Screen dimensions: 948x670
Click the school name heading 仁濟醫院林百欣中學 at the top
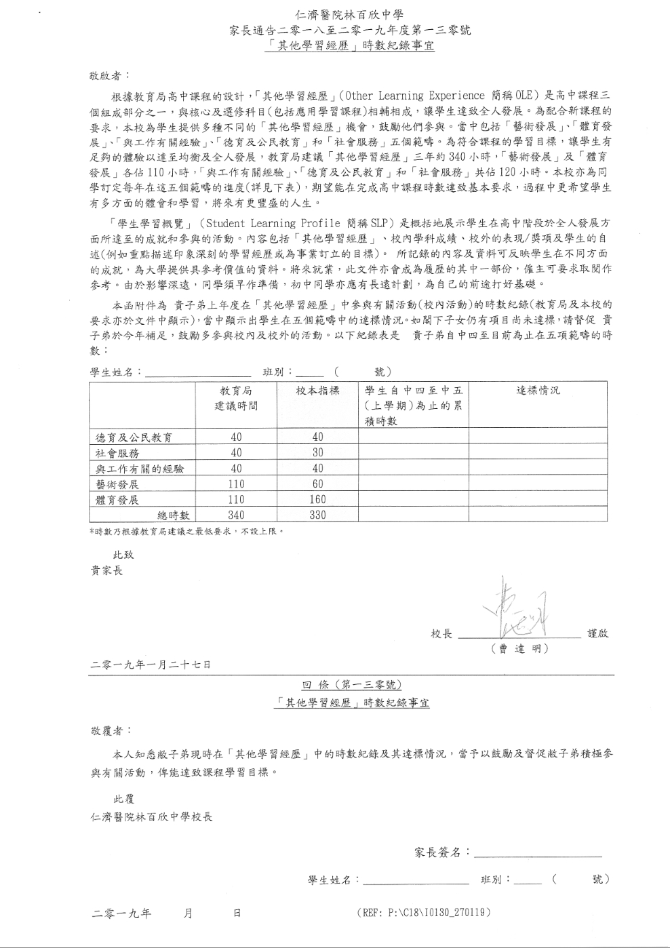tap(350, 14)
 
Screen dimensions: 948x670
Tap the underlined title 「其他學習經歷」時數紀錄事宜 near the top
tap(350, 46)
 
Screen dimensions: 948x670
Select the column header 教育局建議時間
tap(236, 398)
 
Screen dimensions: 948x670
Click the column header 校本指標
tap(317, 391)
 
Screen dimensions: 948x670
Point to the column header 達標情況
tap(538, 391)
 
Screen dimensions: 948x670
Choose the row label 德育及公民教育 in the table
tap(134, 437)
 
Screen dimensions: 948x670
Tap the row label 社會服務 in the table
tap(117, 453)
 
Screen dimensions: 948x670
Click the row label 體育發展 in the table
tap(117, 500)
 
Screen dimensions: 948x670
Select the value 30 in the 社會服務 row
tap(317, 453)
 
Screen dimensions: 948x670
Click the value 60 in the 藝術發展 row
tap(317, 484)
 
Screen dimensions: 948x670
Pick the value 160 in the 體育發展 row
tap(317, 500)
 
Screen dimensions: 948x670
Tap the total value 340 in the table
tap(236, 515)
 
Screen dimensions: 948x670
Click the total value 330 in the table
tap(317, 515)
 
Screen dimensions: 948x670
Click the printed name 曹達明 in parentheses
tap(519, 649)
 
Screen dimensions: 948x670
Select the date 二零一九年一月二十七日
tap(151, 665)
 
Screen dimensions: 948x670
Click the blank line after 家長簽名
tap(537, 853)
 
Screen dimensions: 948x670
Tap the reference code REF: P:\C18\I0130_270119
tap(422, 913)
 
